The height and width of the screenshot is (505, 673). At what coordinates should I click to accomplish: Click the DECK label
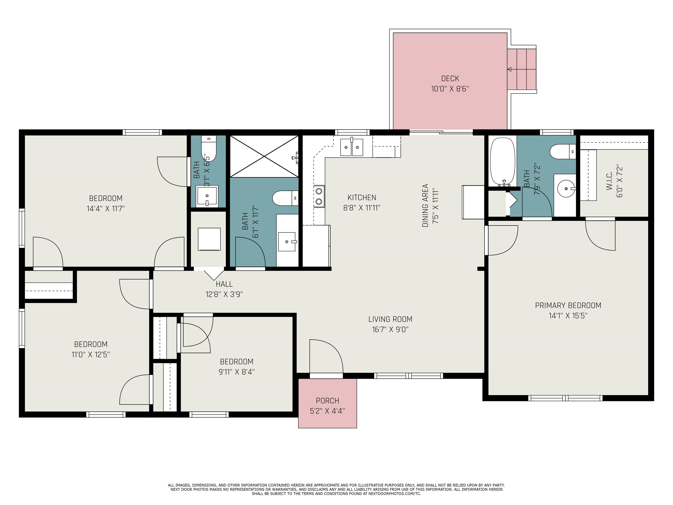coord(450,78)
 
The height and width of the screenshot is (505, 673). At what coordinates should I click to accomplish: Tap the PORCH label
coord(327,401)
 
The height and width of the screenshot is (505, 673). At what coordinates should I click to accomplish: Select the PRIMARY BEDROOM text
coord(568,305)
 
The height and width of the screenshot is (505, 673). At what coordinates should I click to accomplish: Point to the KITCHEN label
coord(362,197)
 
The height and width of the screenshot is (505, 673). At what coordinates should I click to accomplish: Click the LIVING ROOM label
coord(390,319)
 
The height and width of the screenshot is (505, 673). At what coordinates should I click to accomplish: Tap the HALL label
coord(224,284)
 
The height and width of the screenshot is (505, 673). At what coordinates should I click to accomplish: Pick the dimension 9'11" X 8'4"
coord(237,372)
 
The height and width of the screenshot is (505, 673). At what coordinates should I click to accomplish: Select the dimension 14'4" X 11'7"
coord(106,208)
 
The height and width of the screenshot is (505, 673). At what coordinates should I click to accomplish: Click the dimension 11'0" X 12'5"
coord(91,354)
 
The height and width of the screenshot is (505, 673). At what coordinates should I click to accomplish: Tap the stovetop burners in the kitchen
coord(319,196)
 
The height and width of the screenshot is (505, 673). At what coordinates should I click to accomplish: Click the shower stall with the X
coord(264,156)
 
